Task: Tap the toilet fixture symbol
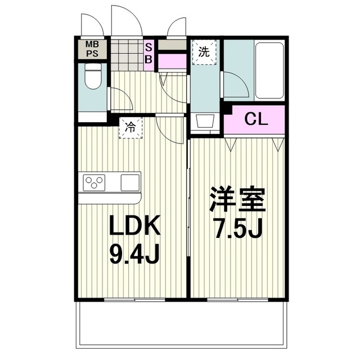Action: [92, 76]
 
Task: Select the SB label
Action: [149, 53]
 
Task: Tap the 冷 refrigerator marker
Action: [130, 128]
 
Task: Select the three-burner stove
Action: [94, 183]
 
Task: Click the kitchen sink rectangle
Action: [129, 183]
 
